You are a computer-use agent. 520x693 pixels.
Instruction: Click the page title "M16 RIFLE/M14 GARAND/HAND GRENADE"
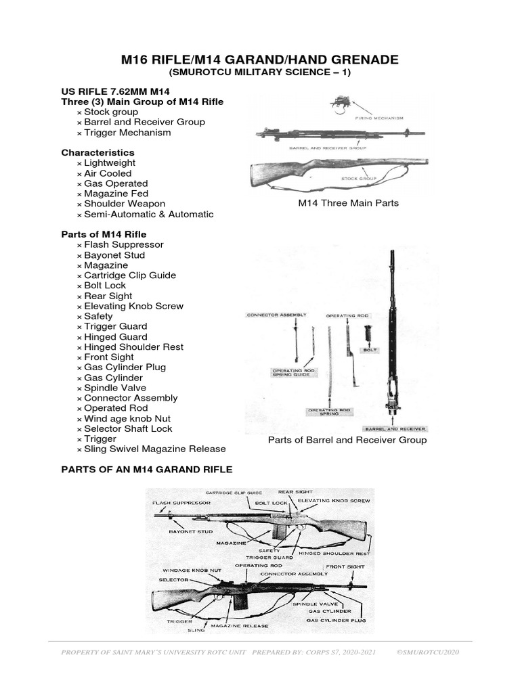tap(260, 60)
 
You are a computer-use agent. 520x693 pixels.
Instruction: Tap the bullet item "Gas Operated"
tap(116, 183)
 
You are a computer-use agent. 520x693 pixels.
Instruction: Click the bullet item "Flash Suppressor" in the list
tap(124, 244)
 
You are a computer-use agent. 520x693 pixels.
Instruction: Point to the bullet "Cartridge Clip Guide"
tap(130, 275)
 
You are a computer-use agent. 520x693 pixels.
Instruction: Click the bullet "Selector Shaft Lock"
tap(128, 428)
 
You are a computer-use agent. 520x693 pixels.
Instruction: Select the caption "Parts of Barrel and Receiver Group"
tap(347, 440)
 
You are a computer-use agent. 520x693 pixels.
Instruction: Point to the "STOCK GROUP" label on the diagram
tap(358, 179)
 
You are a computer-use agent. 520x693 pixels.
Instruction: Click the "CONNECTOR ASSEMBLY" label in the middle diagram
tap(276, 315)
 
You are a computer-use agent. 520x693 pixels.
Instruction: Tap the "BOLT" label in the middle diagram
tap(370, 350)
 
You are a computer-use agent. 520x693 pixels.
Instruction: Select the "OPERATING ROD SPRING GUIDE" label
tap(291, 373)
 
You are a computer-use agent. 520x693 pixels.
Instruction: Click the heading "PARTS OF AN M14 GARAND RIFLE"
tap(146, 469)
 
